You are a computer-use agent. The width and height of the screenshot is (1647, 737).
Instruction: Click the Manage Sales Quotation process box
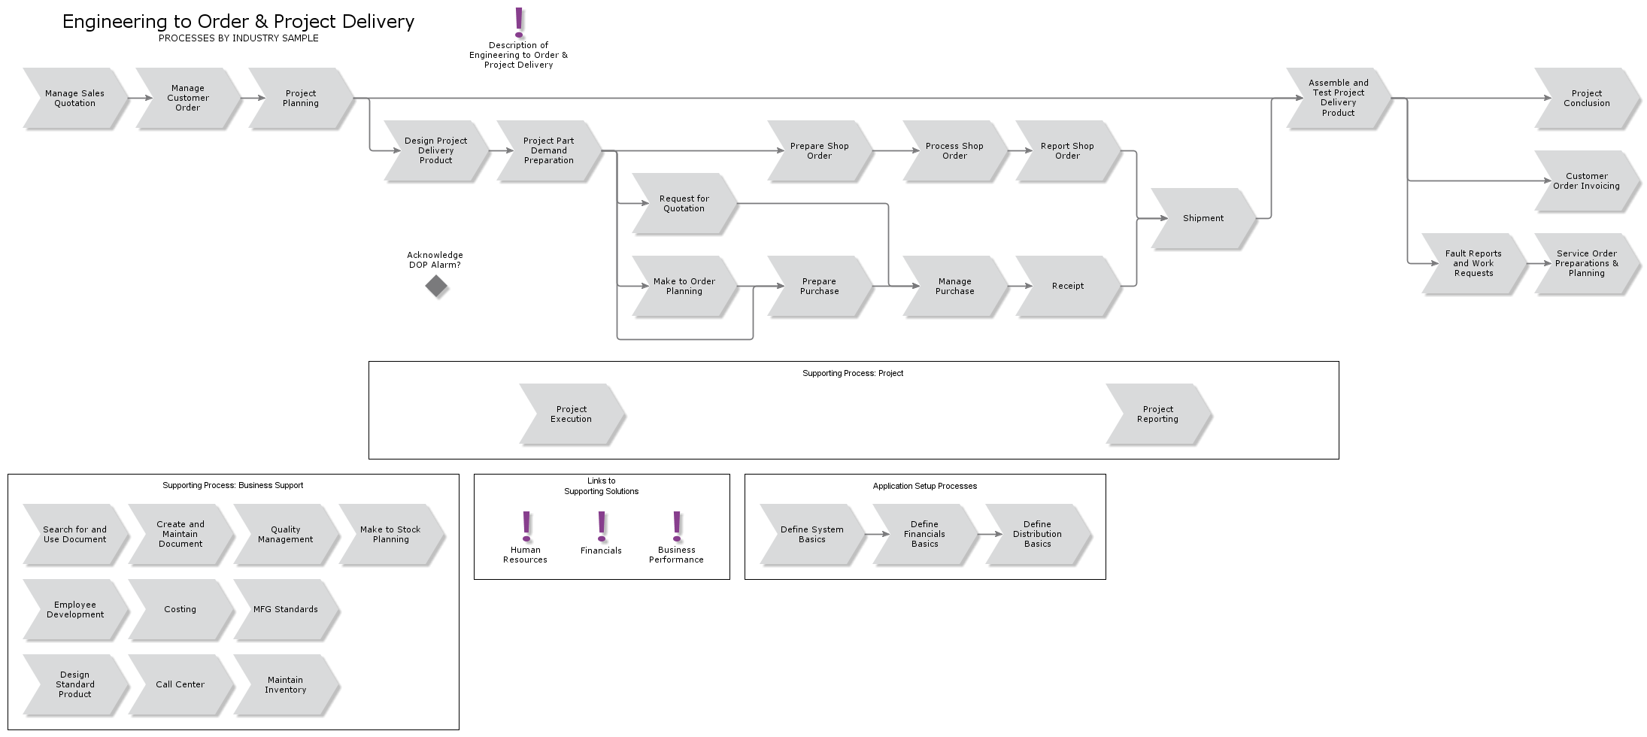tap(74, 99)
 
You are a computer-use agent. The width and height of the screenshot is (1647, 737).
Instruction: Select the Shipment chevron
tap(1203, 218)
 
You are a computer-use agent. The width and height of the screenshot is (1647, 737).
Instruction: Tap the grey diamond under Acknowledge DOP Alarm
tap(436, 286)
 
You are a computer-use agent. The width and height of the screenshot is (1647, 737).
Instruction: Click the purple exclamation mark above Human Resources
tap(526, 526)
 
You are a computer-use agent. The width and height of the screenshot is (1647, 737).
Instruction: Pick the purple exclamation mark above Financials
tap(602, 526)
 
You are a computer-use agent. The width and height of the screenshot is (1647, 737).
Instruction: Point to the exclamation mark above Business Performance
tap(677, 526)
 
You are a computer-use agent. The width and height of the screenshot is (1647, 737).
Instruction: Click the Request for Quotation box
tap(684, 204)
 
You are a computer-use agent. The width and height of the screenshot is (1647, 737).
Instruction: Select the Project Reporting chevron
tap(1157, 414)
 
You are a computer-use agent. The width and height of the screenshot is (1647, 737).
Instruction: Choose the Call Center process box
tap(180, 684)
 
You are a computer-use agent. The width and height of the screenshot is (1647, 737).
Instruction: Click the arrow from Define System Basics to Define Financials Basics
tap(876, 534)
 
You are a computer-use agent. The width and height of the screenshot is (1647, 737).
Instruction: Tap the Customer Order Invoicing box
tap(1586, 181)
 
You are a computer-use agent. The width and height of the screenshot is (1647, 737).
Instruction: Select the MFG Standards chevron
tap(285, 609)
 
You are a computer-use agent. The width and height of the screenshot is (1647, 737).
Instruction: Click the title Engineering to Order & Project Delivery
tap(238, 22)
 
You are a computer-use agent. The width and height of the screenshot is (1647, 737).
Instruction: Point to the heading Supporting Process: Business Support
tap(233, 485)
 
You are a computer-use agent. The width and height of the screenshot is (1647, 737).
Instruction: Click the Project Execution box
tap(571, 414)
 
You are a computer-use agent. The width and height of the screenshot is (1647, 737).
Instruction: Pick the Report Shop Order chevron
tap(1067, 151)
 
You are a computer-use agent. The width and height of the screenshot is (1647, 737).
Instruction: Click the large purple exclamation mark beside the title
tap(519, 23)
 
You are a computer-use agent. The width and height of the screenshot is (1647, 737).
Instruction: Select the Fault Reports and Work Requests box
tap(1473, 263)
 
